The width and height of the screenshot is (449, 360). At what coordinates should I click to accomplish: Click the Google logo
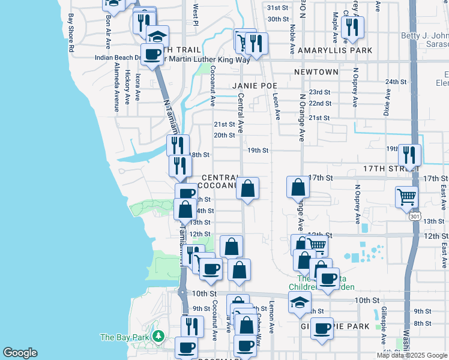[x=20, y=353]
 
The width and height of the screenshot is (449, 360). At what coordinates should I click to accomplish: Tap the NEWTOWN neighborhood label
[x=316, y=72]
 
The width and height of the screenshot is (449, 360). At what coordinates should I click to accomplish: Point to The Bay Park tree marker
[x=158, y=337]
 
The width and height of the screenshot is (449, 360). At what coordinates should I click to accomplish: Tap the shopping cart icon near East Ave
[x=407, y=196]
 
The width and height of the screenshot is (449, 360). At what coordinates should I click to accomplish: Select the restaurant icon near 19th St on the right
[x=409, y=155]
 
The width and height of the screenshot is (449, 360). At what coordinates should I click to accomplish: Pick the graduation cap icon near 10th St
[x=300, y=302]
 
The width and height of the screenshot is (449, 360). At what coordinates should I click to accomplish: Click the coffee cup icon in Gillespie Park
[x=322, y=328]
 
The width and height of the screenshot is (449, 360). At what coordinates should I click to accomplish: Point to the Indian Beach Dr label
[x=118, y=58]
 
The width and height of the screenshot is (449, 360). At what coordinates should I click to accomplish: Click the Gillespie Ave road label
[x=383, y=327]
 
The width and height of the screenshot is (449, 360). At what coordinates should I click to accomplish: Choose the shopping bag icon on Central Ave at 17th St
[x=247, y=188]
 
